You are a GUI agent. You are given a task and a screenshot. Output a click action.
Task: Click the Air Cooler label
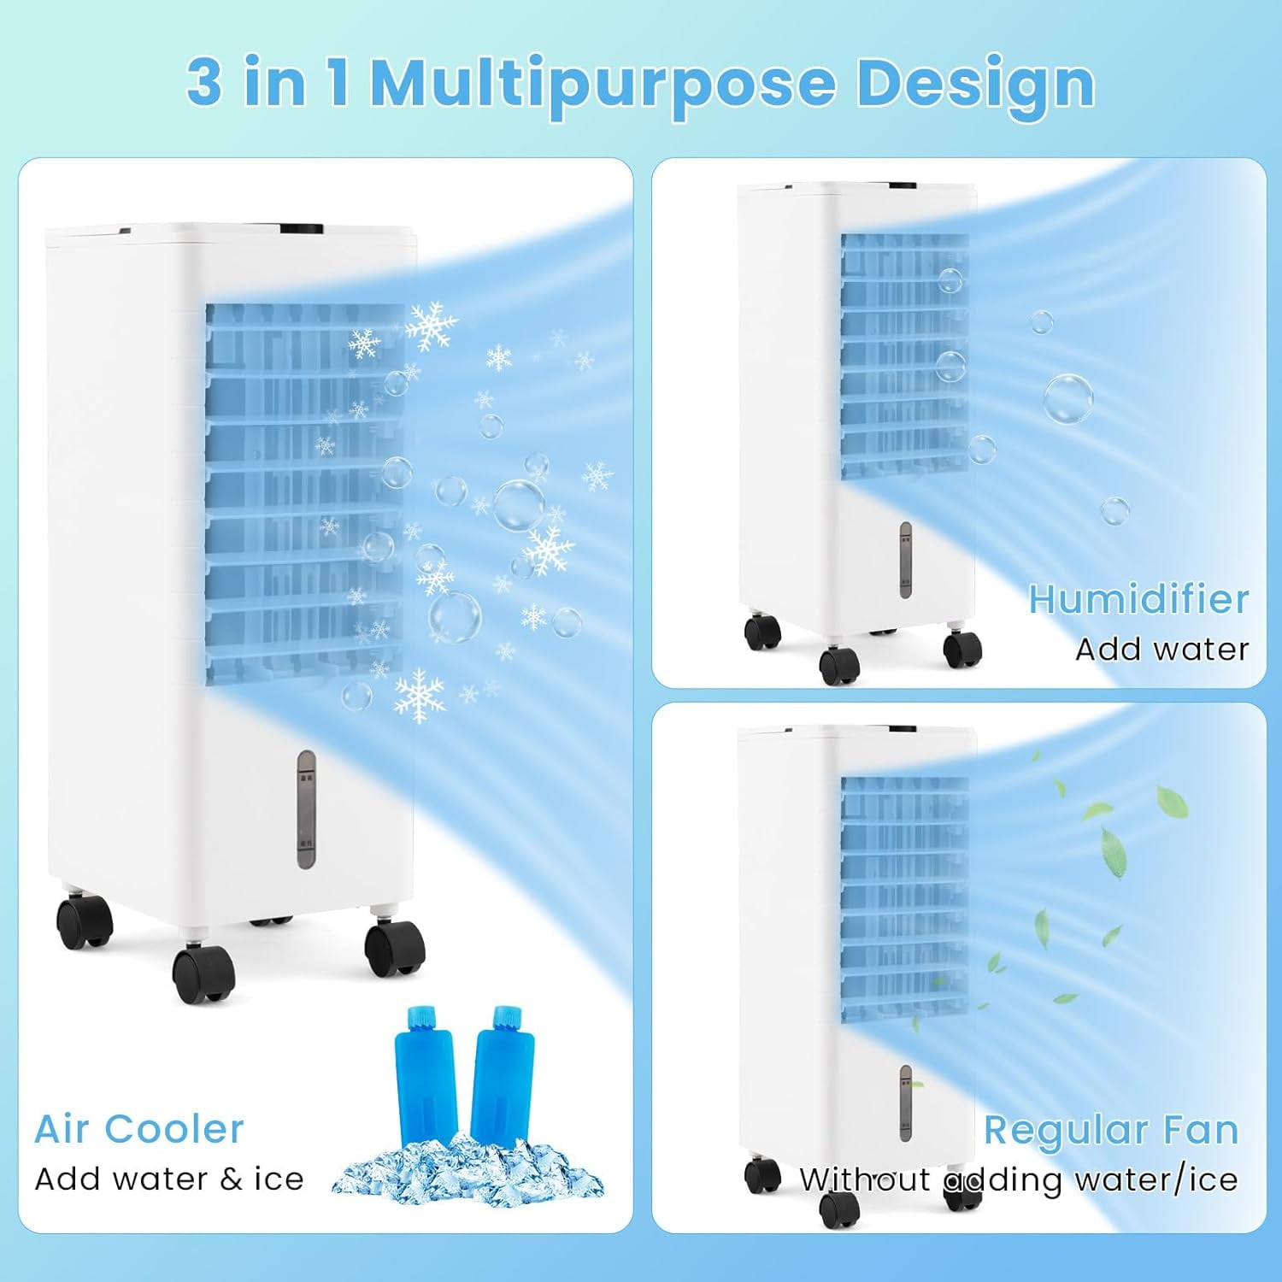[139, 1129]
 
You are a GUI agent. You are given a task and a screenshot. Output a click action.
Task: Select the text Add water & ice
[169, 1179]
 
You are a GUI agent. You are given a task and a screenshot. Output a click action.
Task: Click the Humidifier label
[1138, 599]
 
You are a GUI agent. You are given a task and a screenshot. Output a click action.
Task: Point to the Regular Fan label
[1111, 1130]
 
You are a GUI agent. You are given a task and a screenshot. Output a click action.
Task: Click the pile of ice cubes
[468, 1169]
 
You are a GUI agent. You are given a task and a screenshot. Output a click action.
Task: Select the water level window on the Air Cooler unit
[306, 809]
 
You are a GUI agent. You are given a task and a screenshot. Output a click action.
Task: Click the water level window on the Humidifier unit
[905, 559]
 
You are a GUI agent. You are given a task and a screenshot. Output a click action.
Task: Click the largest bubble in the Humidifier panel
[1067, 399]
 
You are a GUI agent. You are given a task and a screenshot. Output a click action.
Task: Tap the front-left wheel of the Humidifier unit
[839, 666]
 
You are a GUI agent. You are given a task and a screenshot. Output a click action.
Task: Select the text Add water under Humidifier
[1162, 650]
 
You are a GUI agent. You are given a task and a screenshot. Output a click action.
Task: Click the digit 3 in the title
[205, 83]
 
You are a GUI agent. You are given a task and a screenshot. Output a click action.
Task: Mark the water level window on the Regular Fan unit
[905, 1103]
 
